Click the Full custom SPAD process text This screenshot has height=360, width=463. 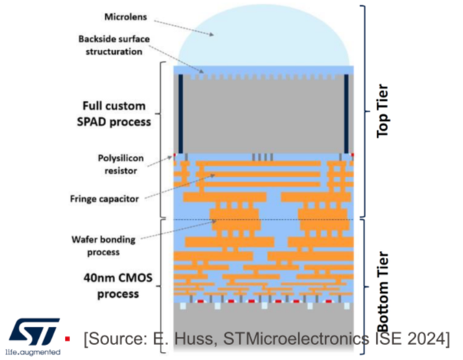click(x=116, y=112)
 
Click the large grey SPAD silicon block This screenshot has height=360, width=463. click(x=264, y=116)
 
